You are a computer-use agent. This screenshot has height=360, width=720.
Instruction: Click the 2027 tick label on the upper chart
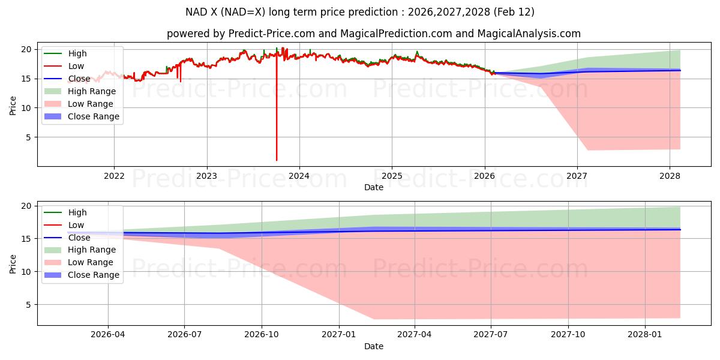pyautogui.click(x=577, y=176)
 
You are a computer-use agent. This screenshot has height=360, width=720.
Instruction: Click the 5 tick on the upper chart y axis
pyautogui.click(x=26, y=137)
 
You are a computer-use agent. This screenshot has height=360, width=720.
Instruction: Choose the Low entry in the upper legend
pyautogui.click(x=76, y=66)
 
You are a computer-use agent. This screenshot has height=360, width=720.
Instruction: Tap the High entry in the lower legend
pyautogui.click(x=77, y=212)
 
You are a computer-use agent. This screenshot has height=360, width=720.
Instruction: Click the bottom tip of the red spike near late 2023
pyautogui.click(x=277, y=160)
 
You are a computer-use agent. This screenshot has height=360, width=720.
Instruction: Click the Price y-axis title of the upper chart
pyautogui.click(x=13, y=106)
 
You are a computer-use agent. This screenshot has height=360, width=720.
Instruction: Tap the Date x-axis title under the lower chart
pyautogui.click(x=373, y=346)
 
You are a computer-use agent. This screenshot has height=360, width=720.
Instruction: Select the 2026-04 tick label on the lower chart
pyautogui.click(x=108, y=335)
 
